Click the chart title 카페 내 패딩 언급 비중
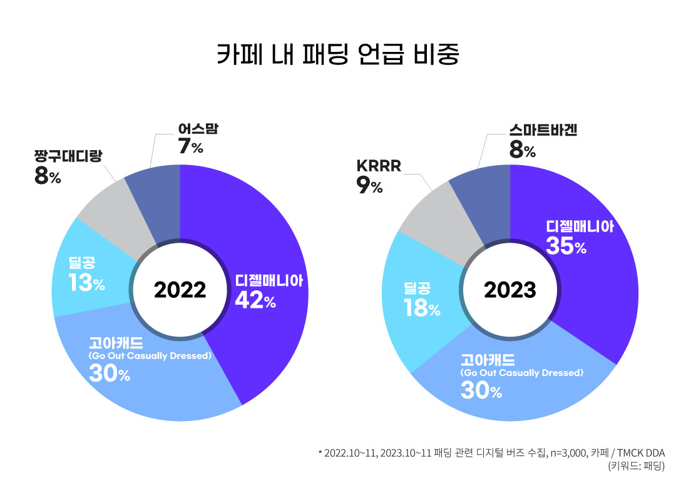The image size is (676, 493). [x=338, y=54]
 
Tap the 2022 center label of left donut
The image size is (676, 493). [x=180, y=290]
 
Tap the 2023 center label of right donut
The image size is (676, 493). [x=510, y=290]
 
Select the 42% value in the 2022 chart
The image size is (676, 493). [x=255, y=301]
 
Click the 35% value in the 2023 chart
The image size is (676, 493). [x=566, y=246]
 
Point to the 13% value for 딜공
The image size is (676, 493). [x=87, y=284]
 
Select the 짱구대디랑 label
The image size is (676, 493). [x=68, y=156]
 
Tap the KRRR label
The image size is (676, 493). [x=378, y=166]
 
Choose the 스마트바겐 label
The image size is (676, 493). [x=543, y=130]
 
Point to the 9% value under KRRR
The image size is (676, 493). [x=369, y=186]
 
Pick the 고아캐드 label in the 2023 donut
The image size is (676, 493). [x=488, y=360]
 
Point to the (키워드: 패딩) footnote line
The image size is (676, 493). [x=635, y=466]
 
